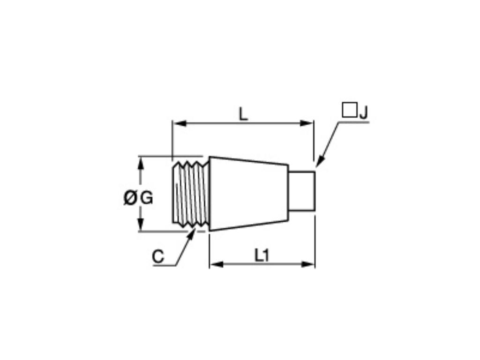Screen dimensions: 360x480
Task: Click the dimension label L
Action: point(243,114)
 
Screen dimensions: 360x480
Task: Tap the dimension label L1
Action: point(262,255)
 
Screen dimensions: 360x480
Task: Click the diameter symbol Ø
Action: point(130,198)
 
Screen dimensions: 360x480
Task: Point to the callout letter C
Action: point(158,257)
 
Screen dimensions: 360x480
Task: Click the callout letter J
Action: point(364,112)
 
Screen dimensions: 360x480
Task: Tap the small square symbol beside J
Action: point(349,110)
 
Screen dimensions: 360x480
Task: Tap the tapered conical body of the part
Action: point(248,193)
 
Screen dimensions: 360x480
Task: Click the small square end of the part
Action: point(301,191)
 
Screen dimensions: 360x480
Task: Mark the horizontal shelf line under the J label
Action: point(354,122)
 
